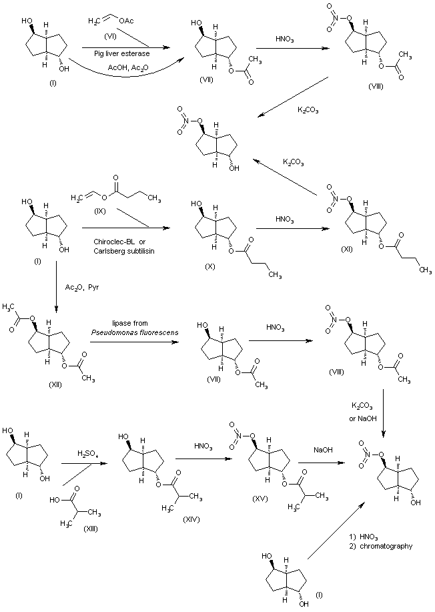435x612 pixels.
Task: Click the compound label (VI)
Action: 101,34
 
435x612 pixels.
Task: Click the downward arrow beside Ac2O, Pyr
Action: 57,286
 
